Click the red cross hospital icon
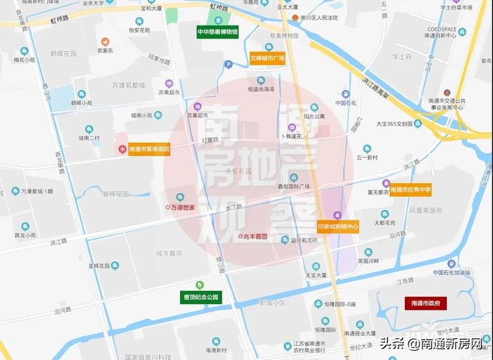pos(122,149)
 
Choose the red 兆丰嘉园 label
pos(256,235)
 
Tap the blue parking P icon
pos(228,64)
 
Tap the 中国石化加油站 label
pos(456,273)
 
